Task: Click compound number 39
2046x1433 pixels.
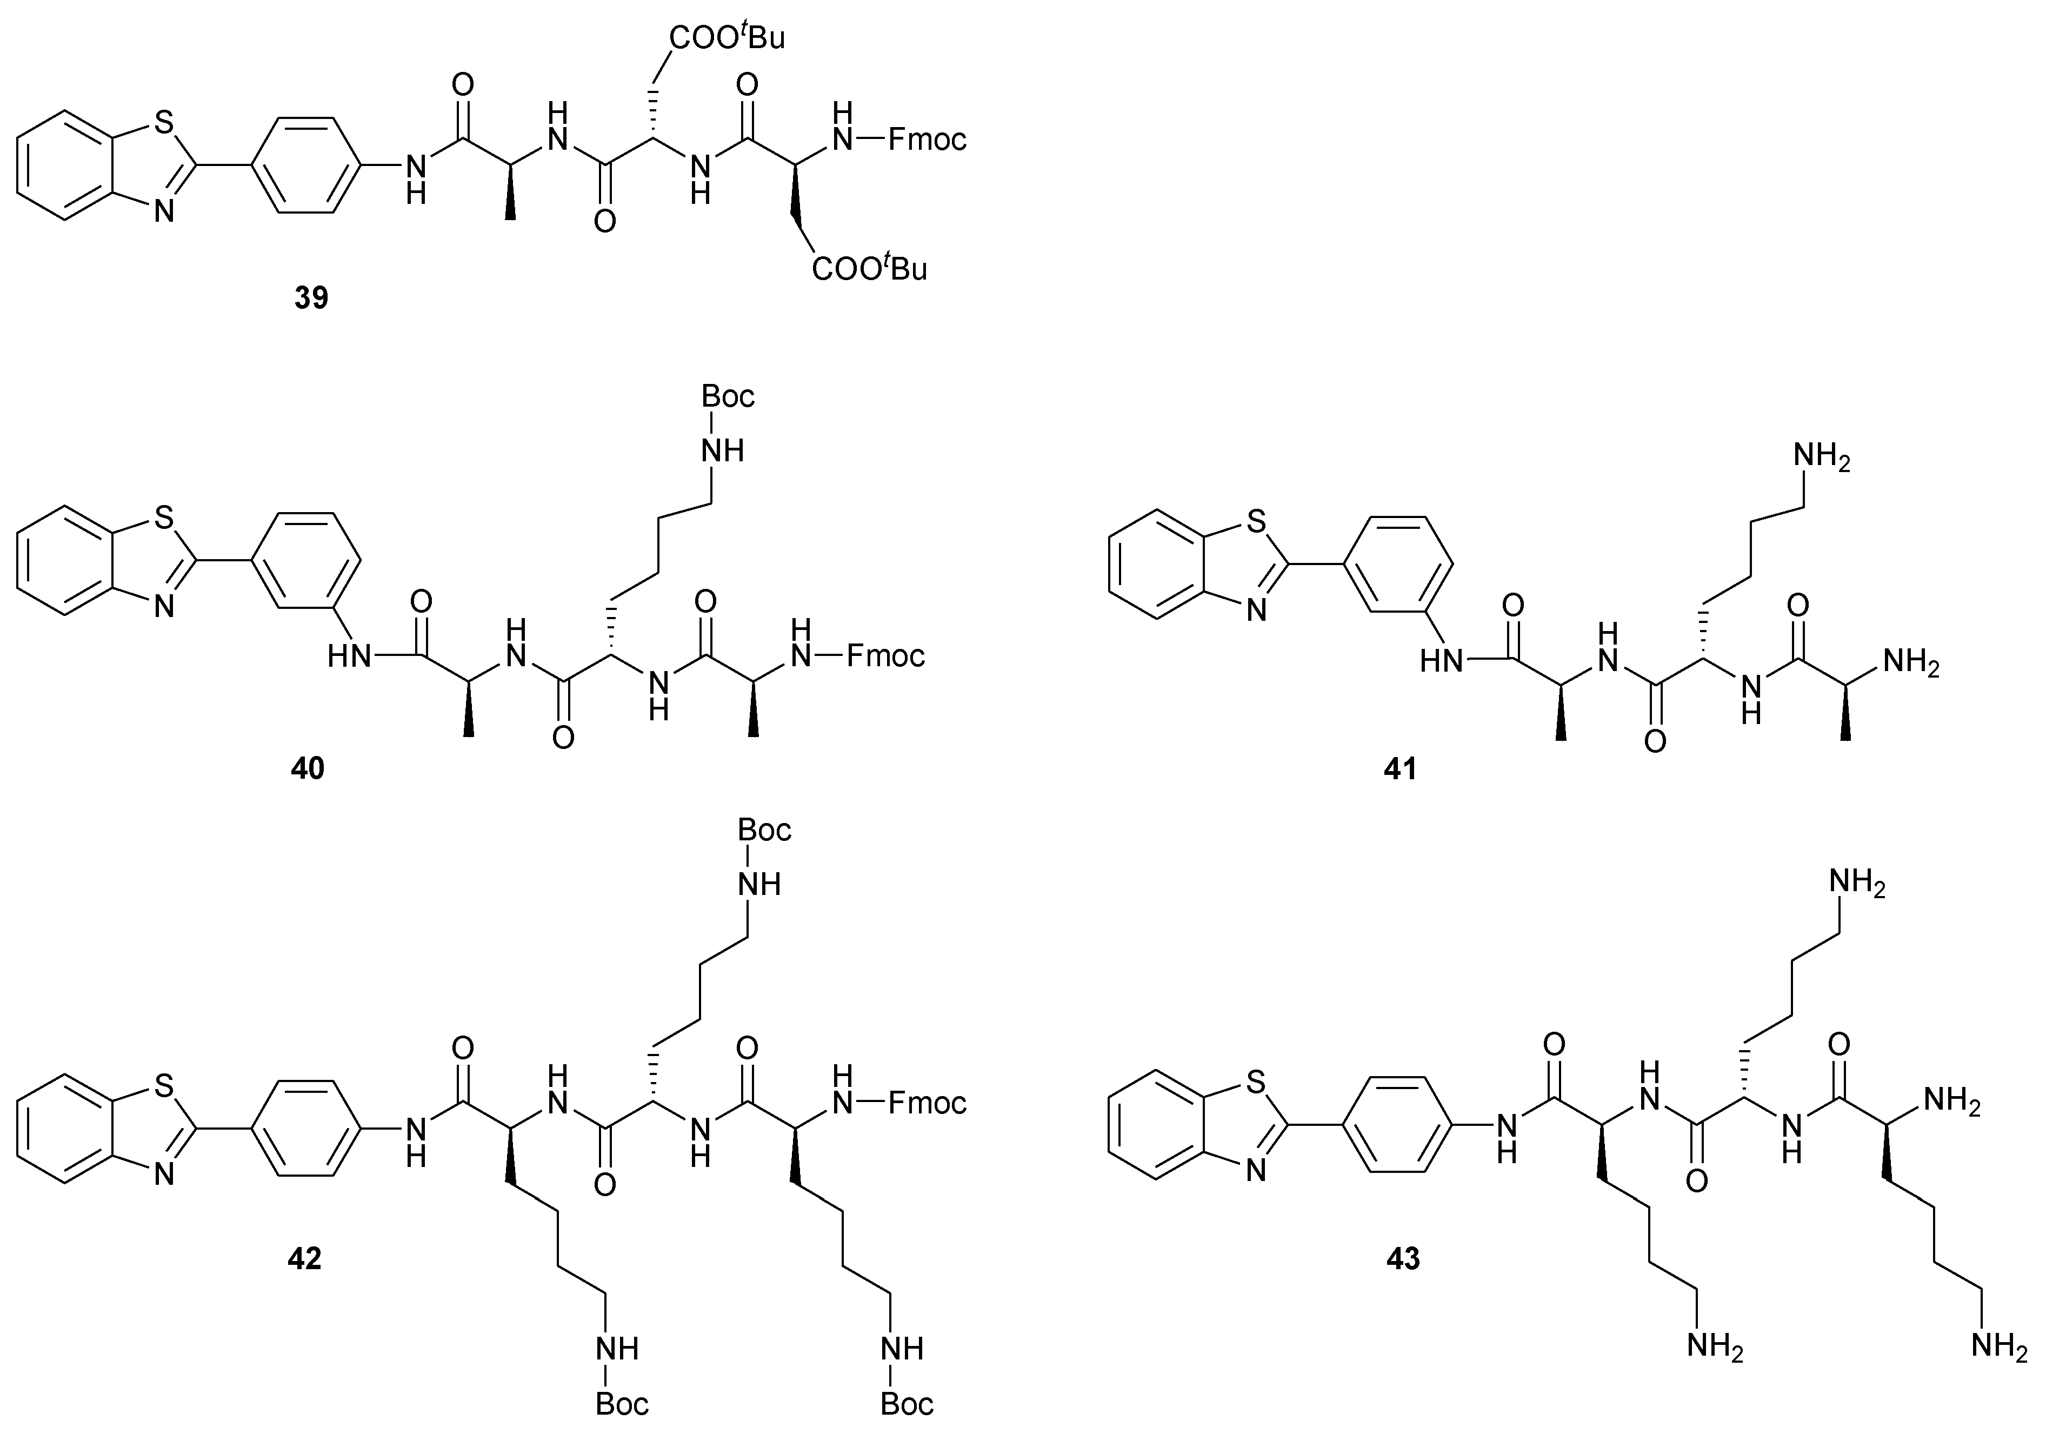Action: [x=311, y=297]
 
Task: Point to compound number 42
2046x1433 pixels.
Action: [x=305, y=1258]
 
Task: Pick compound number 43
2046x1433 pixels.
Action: [x=1403, y=1258]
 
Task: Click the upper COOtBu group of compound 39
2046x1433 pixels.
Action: [x=727, y=37]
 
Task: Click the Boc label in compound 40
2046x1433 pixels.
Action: [x=728, y=396]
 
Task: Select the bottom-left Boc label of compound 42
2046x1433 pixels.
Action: [x=622, y=1404]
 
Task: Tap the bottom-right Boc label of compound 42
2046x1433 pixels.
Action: [x=907, y=1404]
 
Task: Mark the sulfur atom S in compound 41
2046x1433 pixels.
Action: [x=1256, y=522]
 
